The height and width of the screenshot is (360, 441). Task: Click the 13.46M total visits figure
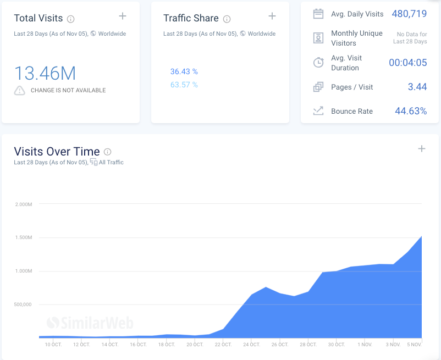pos(45,73)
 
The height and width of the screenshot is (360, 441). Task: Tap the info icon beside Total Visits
pos(71,19)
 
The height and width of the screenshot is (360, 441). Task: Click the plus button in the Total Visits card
pos(122,16)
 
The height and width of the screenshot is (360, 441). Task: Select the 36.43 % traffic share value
pos(184,71)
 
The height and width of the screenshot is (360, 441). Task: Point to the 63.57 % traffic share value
pos(184,85)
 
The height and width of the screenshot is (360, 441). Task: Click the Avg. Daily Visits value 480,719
pos(409,14)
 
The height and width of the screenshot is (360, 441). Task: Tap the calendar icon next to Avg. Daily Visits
pos(318,14)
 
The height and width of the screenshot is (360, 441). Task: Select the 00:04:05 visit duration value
pos(407,63)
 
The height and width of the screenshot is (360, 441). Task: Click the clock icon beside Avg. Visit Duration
pos(318,63)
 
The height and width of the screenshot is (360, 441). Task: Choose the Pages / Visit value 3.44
pos(417,87)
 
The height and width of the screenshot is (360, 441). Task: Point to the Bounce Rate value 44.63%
pos(411,111)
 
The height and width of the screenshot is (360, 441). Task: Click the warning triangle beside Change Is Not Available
pos(20,90)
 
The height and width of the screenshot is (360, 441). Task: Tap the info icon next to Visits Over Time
pos(108,152)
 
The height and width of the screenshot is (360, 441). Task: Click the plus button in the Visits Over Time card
pos(422,148)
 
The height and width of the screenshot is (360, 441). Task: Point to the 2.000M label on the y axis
pos(24,204)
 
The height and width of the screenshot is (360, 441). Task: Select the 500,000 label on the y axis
pos(23,304)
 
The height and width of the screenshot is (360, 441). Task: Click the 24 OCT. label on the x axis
pos(251,345)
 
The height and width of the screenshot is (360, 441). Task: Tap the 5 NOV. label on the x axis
pos(414,345)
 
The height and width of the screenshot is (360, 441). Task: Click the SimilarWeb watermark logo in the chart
pos(90,323)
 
